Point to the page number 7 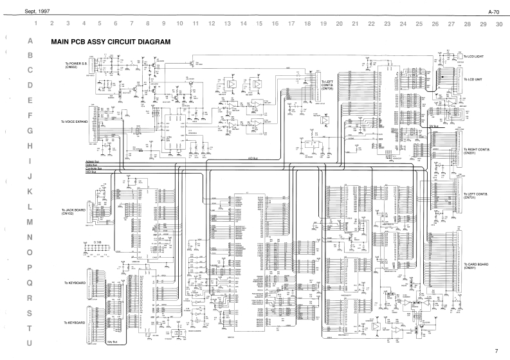pyautogui.click(x=496, y=351)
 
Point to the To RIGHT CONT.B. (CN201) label pyautogui.click(x=477, y=151)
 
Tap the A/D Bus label pyautogui.click(x=254, y=157)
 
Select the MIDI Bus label pyautogui.click(x=91, y=172)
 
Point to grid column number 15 pyautogui.click(x=259, y=23)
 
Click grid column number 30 pyautogui.click(x=499, y=23)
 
